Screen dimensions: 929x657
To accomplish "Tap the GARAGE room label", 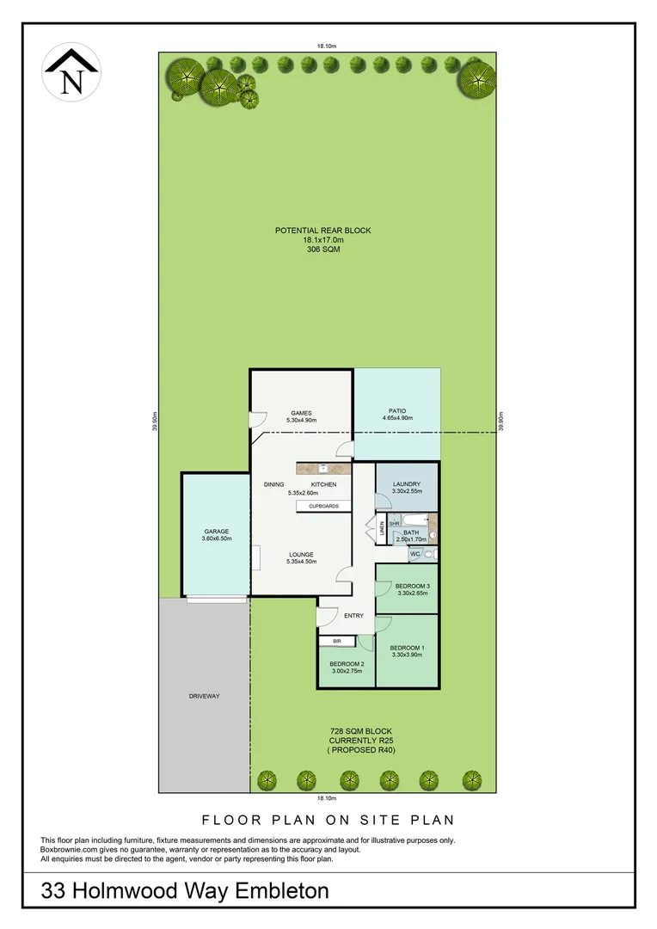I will [217, 531].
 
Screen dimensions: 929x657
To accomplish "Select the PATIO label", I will [396, 410].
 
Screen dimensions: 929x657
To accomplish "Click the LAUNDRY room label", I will [406, 484].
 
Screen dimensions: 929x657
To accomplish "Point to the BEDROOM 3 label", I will [412, 586].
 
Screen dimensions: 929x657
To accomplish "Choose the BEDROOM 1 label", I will [407, 648].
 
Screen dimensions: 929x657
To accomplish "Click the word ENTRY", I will [353, 615].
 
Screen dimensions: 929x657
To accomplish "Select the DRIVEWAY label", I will [204, 696].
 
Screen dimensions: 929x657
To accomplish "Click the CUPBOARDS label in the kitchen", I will [324, 507].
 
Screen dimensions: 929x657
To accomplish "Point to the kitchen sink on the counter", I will [324, 469].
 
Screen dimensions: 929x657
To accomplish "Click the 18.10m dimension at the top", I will [324, 46].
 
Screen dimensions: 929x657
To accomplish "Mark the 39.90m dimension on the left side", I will [153, 422].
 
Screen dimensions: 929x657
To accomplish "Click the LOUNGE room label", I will [301, 554].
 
